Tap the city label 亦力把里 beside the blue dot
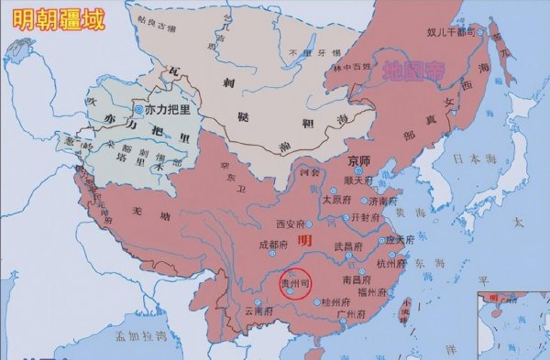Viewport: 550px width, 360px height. pos(167,109)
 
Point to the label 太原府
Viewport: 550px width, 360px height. pos(335,198)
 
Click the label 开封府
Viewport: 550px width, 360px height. pos(364,218)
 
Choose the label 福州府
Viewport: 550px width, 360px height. pos(375,292)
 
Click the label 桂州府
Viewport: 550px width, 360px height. pos(335,301)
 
